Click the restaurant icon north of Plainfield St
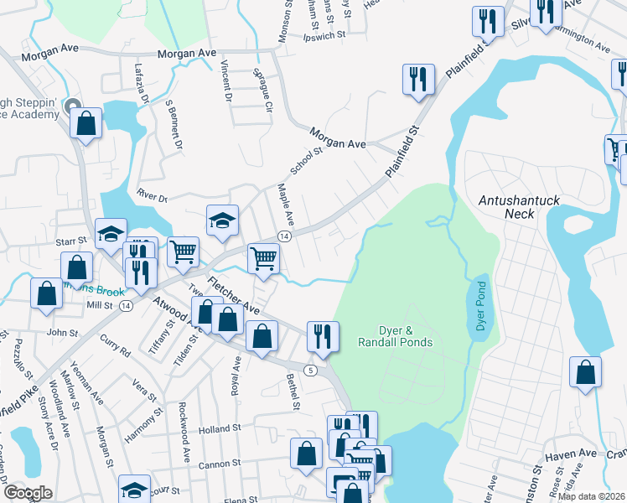(x=416, y=80)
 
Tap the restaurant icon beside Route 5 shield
(x=323, y=336)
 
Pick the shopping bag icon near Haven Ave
(x=585, y=372)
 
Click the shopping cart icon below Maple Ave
(x=263, y=258)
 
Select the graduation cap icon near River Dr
(x=222, y=220)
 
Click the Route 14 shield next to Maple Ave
(x=285, y=238)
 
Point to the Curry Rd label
(x=115, y=347)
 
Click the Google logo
(x=28, y=493)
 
